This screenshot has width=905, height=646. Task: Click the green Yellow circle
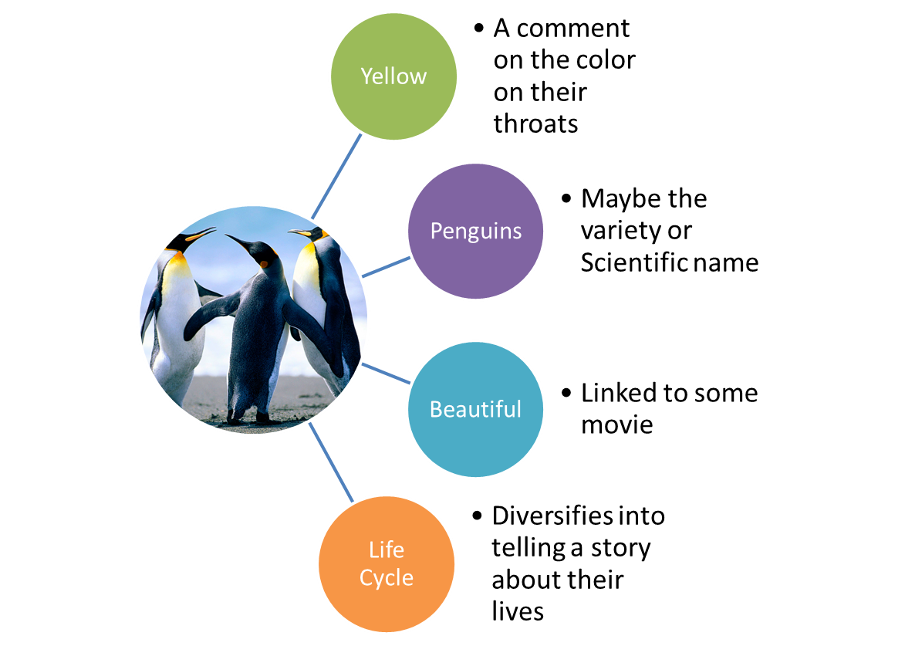pos(393,76)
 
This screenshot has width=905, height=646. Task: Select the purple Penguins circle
pos(475,231)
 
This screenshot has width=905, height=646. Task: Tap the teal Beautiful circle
pos(475,409)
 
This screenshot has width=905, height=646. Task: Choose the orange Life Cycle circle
pos(386,563)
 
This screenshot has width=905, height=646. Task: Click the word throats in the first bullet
pos(535,123)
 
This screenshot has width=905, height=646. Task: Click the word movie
pos(616,424)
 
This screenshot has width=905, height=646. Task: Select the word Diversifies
pos(552,516)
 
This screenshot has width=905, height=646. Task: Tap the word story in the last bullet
pos(620,548)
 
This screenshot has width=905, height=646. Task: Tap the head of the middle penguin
pos(262,254)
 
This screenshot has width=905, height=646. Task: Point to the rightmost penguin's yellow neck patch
pos(308,266)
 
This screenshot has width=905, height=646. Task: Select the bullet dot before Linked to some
pos(567,392)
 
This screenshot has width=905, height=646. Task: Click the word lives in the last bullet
pos(518,611)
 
